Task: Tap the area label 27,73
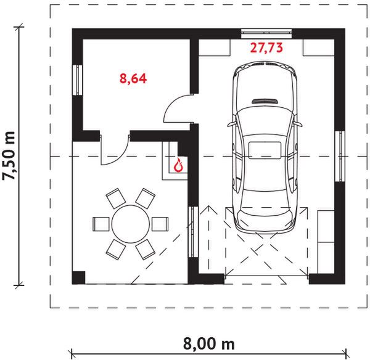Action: point(266,47)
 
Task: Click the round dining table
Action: point(130,224)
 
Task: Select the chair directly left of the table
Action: point(100,223)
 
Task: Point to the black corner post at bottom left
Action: point(78,277)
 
